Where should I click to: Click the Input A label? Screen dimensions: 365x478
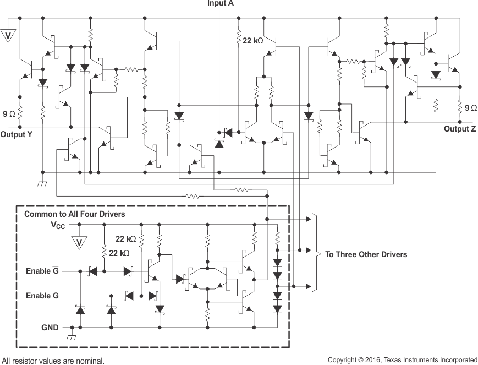point(220,3)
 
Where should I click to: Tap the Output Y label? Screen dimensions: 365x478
point(19,134)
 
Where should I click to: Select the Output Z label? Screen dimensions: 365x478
point(460,129)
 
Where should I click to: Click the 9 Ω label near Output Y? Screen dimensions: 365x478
point(9,114)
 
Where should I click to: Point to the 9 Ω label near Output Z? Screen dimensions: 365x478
point(471,108)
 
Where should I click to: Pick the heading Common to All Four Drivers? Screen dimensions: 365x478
point(74,214)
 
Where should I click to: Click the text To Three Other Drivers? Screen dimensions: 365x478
point(366,254)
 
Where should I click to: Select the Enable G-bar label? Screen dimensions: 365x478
point(43,271)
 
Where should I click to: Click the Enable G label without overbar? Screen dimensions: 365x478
point(42,296)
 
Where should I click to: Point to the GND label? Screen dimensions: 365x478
point(50,327)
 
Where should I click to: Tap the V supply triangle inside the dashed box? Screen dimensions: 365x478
point(79,242)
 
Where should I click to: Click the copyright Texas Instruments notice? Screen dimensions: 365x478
point(402,359)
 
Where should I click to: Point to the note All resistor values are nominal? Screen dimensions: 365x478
point(53,361)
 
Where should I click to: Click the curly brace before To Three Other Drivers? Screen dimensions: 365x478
point(315,253)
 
